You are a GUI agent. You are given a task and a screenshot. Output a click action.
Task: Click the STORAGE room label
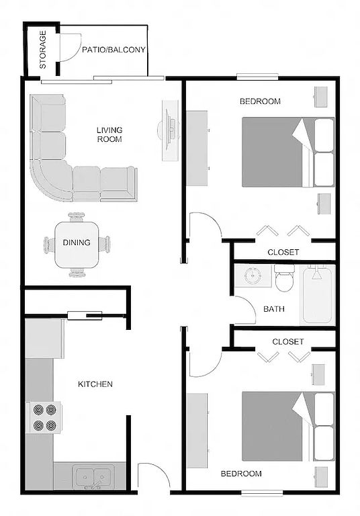[x=43, y=50]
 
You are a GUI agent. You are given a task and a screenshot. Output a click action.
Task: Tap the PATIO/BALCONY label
[x=114, y=50]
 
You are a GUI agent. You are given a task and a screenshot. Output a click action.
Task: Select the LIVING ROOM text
[x=109, y=134]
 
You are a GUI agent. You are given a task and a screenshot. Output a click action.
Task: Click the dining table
[x=77, y=245]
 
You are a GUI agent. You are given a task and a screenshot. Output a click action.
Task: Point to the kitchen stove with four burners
[x=44, y=417]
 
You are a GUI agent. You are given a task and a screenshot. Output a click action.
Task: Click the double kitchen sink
[x=94, y=476]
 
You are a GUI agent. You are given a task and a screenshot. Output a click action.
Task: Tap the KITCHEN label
[x=95, y=384]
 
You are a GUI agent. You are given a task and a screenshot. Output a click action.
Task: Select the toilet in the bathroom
[x=285, y=278]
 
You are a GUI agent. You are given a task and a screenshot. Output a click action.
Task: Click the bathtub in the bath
[x=317, y=295]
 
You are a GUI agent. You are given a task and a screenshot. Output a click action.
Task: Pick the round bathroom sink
[x=253, y=275]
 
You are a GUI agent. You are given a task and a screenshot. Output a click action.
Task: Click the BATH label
[x=274, y=309]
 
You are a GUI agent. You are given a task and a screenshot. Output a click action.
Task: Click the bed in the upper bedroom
[x=288, y=152]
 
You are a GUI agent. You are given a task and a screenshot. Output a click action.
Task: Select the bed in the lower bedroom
[x=288, y=427]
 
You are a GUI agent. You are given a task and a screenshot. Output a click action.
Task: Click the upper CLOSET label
[x=283, y=253]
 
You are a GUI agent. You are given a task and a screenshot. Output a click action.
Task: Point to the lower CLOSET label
[x=287, y=341]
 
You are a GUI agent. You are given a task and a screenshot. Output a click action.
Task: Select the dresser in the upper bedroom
[x=197, y=148]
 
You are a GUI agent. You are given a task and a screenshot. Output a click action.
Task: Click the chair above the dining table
[x=77, y=217]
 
